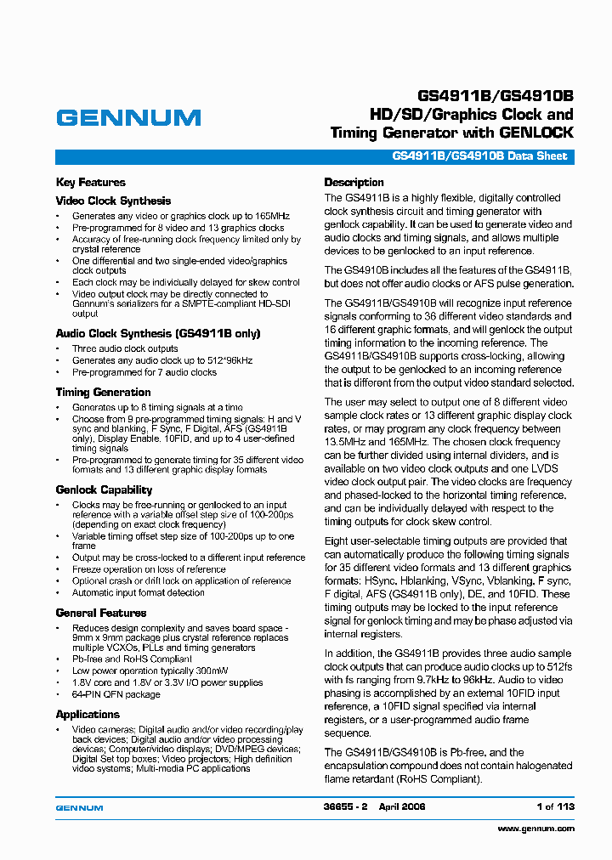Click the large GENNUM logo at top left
pyautogui.click(x=128, y=118)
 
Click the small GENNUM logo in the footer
pyautogui.click(x=79, y=807)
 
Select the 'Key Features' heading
pyautogui.click(x=90, y=183)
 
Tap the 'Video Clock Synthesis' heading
pyautogui.click(x=113, y=201)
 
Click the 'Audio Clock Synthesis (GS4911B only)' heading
pyautogui.click(x=158, y=334)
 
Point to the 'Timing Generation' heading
pyautogui.click(x=103, y=393)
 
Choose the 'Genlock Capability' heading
pyautogui.click(x=104, y=490)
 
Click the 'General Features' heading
pyautogui.click(x=101, y=614)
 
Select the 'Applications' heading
pyautogui.click(x=88, y=715)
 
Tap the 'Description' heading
pyautogui.click(x=354, y=183)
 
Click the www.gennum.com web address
pyautogui.click(x=535, y=829)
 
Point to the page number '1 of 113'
pyautogui.click(x=555, y=806)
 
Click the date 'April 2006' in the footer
pyautogui.click(x=402, y=806)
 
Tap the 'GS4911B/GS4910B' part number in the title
pyautogui.click(x=496, y=94)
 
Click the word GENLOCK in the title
pyautogui.click(x=536, y=133)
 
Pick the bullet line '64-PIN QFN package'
pyautogui.click(x=116, y=694)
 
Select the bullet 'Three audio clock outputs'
pyautogui.click(x=125, y=348)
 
